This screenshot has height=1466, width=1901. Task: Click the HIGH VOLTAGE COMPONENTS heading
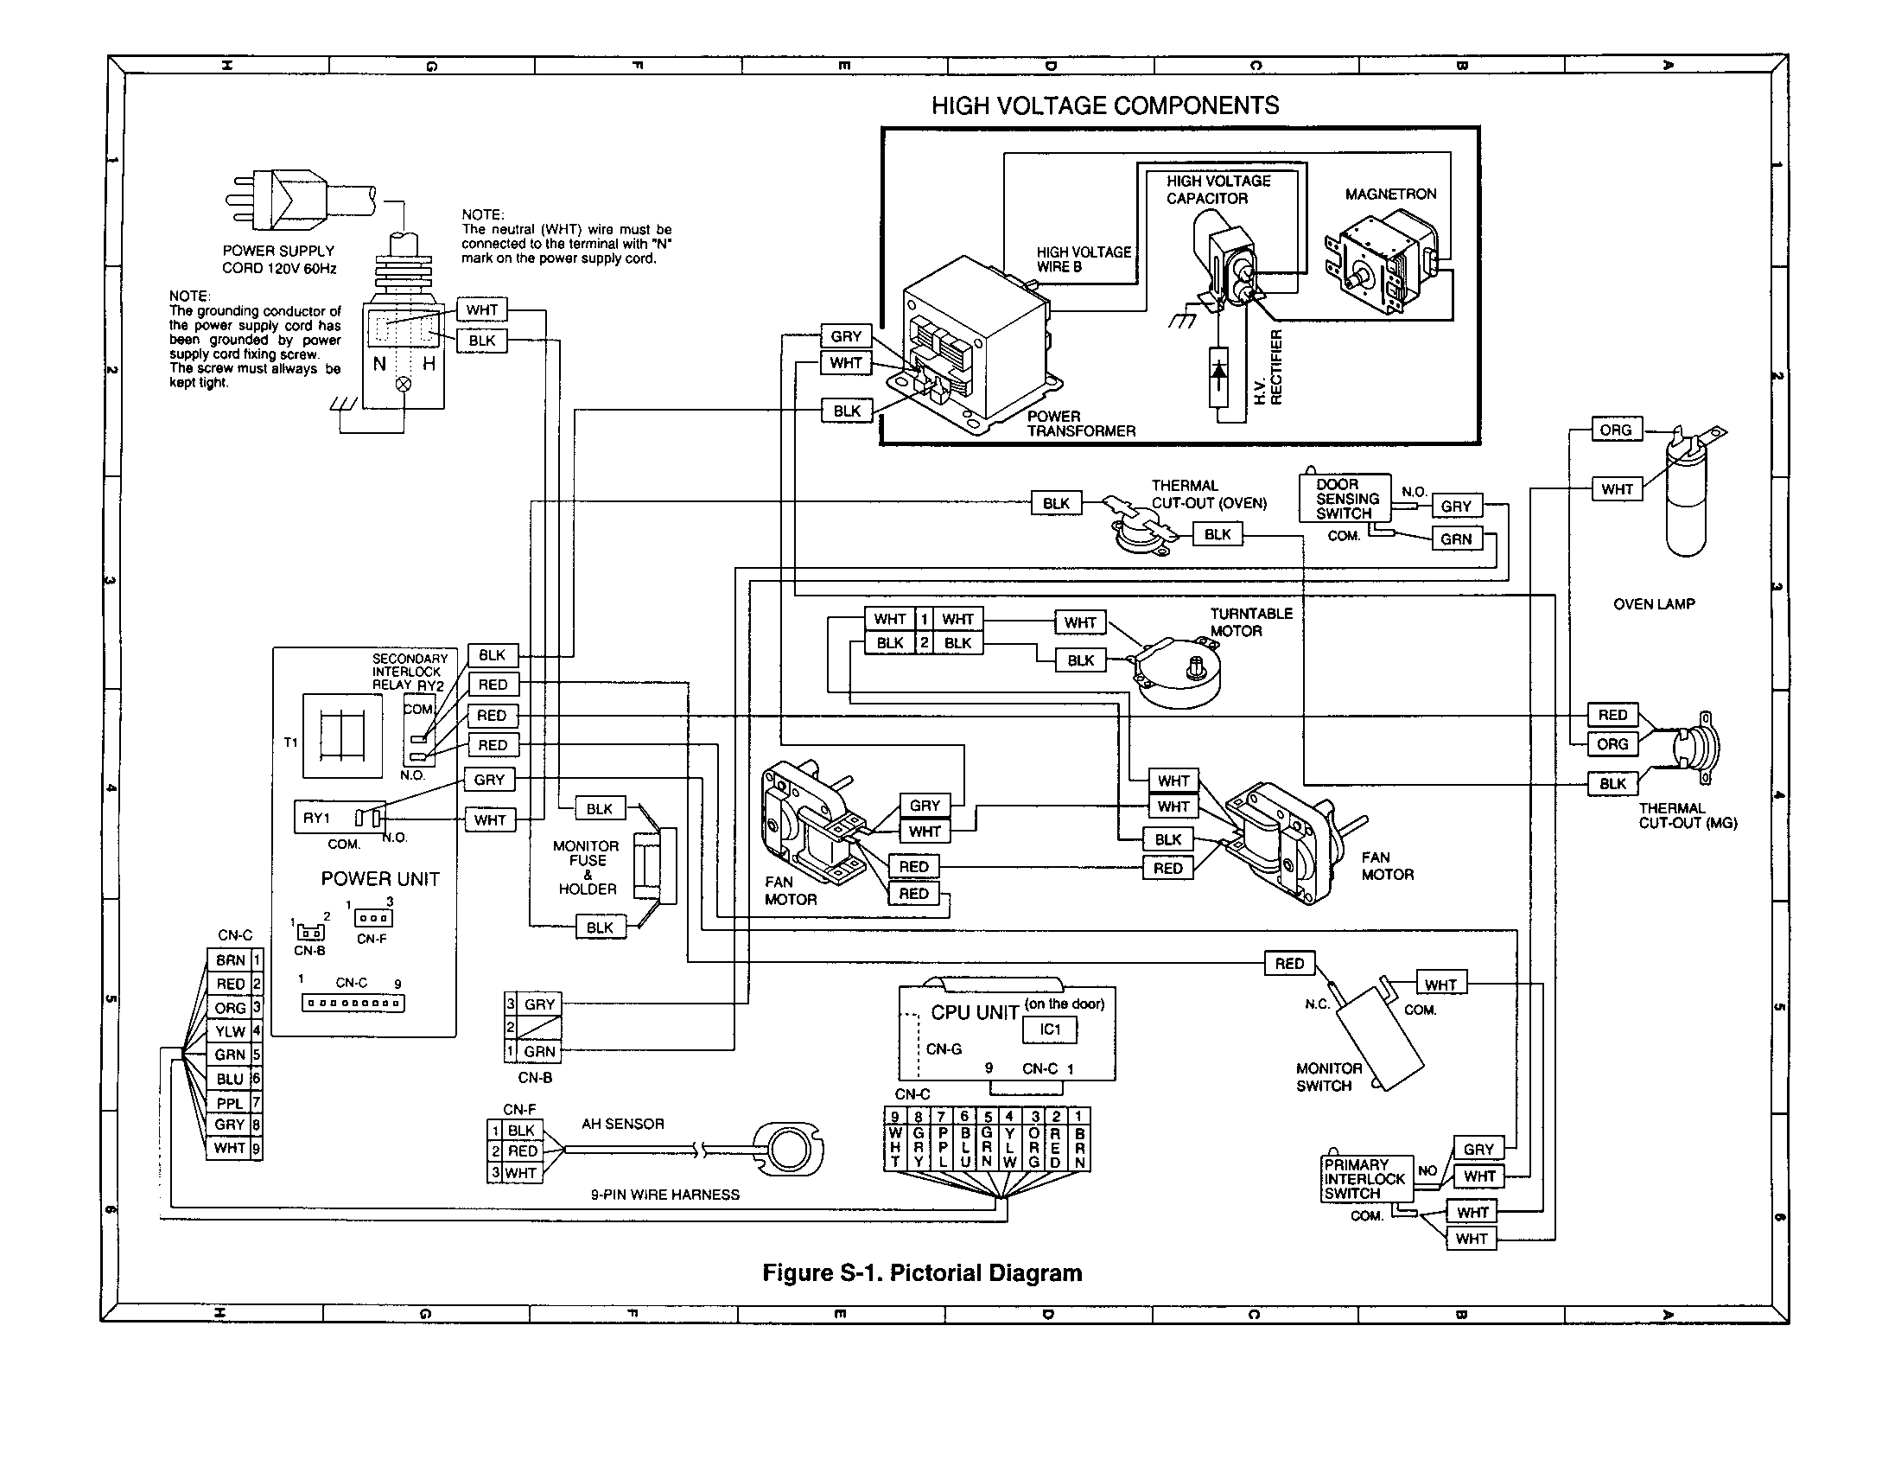pos(1104,105)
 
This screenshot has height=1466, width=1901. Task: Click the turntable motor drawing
pos(1177,672)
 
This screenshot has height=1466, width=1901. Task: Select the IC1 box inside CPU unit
pos(1051,1029)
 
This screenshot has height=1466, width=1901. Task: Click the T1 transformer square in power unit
pos(342,736)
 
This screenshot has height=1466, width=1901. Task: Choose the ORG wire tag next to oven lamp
pos(1616,430)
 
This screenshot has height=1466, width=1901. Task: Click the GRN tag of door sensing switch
pos(1455,539)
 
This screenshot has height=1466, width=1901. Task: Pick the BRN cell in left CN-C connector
pos(230,959)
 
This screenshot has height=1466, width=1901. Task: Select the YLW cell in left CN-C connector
pos(230,1030)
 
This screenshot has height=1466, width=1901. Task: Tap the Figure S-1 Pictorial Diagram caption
pos(922,1272)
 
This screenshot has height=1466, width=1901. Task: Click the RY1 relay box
pos(340,818)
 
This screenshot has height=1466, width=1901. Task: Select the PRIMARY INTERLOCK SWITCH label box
pos(1364,1179)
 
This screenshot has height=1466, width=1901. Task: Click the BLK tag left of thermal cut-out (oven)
pos(1056,503)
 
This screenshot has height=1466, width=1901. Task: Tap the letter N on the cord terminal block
pos(380,364)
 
